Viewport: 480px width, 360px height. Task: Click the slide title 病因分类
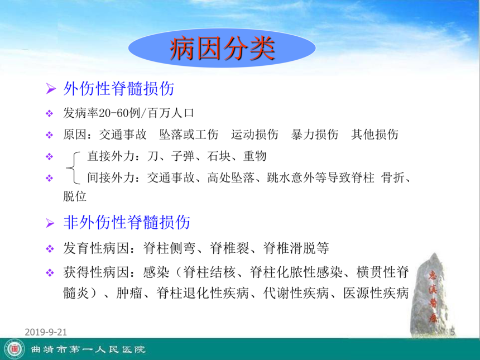222,49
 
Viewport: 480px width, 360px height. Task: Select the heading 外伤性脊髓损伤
119,89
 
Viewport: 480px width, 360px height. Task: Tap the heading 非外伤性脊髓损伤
127,222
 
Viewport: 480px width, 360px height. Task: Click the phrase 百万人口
171,113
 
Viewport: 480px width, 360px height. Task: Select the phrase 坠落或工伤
189,135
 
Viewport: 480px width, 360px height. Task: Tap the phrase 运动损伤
255,135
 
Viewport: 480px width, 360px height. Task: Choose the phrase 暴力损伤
315,135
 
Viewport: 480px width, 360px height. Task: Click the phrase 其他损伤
375,135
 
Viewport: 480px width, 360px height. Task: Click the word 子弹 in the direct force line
183,156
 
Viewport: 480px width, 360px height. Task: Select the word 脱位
75,196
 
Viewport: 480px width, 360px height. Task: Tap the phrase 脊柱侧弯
169,248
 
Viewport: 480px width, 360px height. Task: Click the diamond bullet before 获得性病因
50,272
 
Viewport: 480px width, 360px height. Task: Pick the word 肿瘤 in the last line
129,293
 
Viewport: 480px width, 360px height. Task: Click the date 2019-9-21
46,332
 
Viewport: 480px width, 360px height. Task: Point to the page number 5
452,332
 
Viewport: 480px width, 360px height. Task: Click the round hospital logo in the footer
15,349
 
